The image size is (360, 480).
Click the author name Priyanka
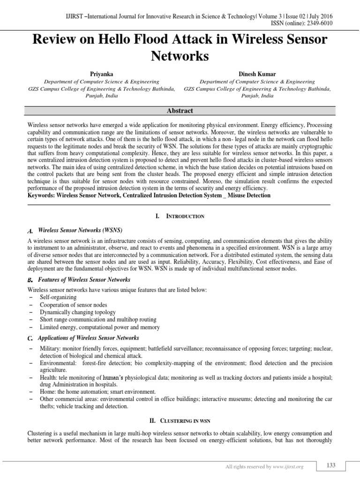pos(102,74)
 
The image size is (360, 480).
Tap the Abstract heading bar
pos(180,111)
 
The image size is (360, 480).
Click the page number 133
pos(331,465)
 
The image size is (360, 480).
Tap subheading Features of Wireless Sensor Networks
pos(81,279)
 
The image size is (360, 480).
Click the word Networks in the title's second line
pos(180,56)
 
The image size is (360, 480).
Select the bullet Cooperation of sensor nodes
pos(70,305)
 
